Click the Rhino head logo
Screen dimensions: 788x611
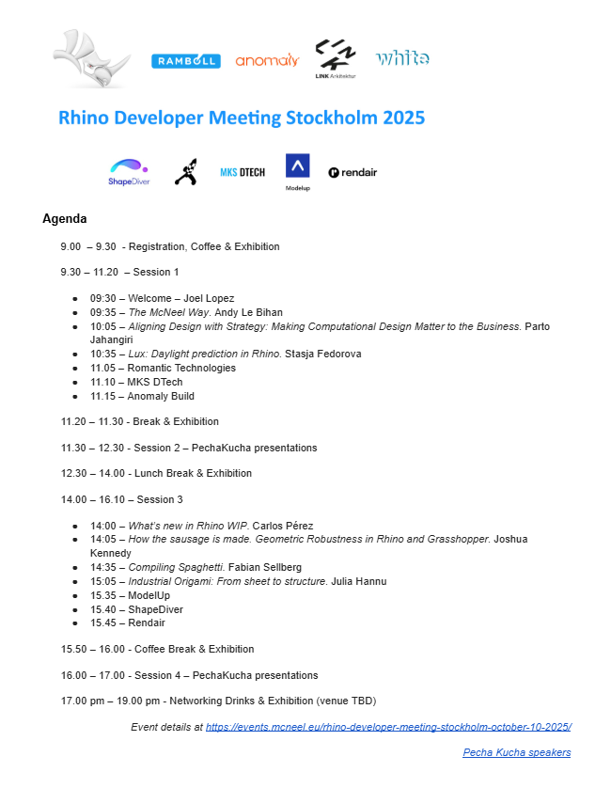pyautogui.click(x=92, y=61)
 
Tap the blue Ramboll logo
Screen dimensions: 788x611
pyautogui.click(x=185, y=61)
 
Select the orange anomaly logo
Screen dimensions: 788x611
pyautogui.click(x=267, y=60)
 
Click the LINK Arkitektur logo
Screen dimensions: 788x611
pyautogui.click(x=336, y=59)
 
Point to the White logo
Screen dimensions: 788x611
pyautogui.click(x=402, y=58)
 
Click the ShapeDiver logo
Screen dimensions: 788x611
pyautogui.click(x=129, y=172)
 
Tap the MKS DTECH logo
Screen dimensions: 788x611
pyautogui.click(x=242, y=172)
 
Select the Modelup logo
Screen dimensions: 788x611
pyautogui.click(x=297, y=172)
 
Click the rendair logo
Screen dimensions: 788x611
pyautogui.click(x=352, y=172)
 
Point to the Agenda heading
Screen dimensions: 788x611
pyautogui.click(x=65, y=219)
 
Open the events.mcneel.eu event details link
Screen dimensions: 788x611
pyautogui.click(x=388, y=727)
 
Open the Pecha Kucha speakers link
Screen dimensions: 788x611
pyautogui.click(x=516, y=752)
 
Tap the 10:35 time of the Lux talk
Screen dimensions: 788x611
pyautogui.click(x=103, y=355)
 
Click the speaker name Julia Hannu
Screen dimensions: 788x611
pyautogui.click(x=359, y=582)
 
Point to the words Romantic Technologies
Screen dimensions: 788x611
pyautogui.click(x=181, y=369)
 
